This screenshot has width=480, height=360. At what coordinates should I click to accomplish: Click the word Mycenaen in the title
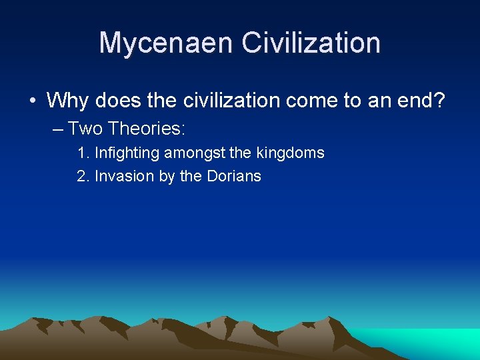click(167, 43)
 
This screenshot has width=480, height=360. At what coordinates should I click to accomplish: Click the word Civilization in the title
click(311, 43)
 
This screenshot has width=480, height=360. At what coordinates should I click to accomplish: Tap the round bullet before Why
click(32, 101)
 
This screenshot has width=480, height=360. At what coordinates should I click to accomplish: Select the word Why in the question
click(68, 101)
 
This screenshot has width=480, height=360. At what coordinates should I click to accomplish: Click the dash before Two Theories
click(57, 127)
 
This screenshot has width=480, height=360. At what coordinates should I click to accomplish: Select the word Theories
click(147, 127)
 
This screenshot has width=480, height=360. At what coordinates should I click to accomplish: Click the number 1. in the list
click(83, 153)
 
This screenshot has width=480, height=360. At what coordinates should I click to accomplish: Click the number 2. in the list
click(83, 177)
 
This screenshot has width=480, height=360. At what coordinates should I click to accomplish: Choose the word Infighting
click(127, 153)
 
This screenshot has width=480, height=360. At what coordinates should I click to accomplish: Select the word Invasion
click(125, 177)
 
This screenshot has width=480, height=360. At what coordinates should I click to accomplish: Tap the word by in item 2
click(167, 177)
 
